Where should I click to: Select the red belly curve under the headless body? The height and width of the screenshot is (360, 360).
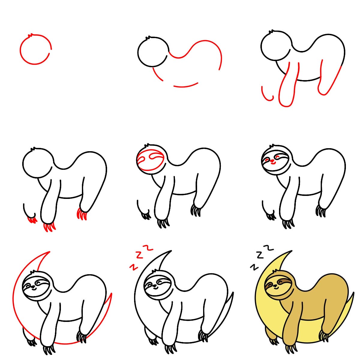[185, 86]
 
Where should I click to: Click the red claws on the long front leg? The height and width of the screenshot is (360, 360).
[49, 227]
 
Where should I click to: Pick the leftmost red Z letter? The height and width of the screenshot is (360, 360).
[132, 267]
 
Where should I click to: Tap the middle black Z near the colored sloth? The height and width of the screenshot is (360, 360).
[260, 255]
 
